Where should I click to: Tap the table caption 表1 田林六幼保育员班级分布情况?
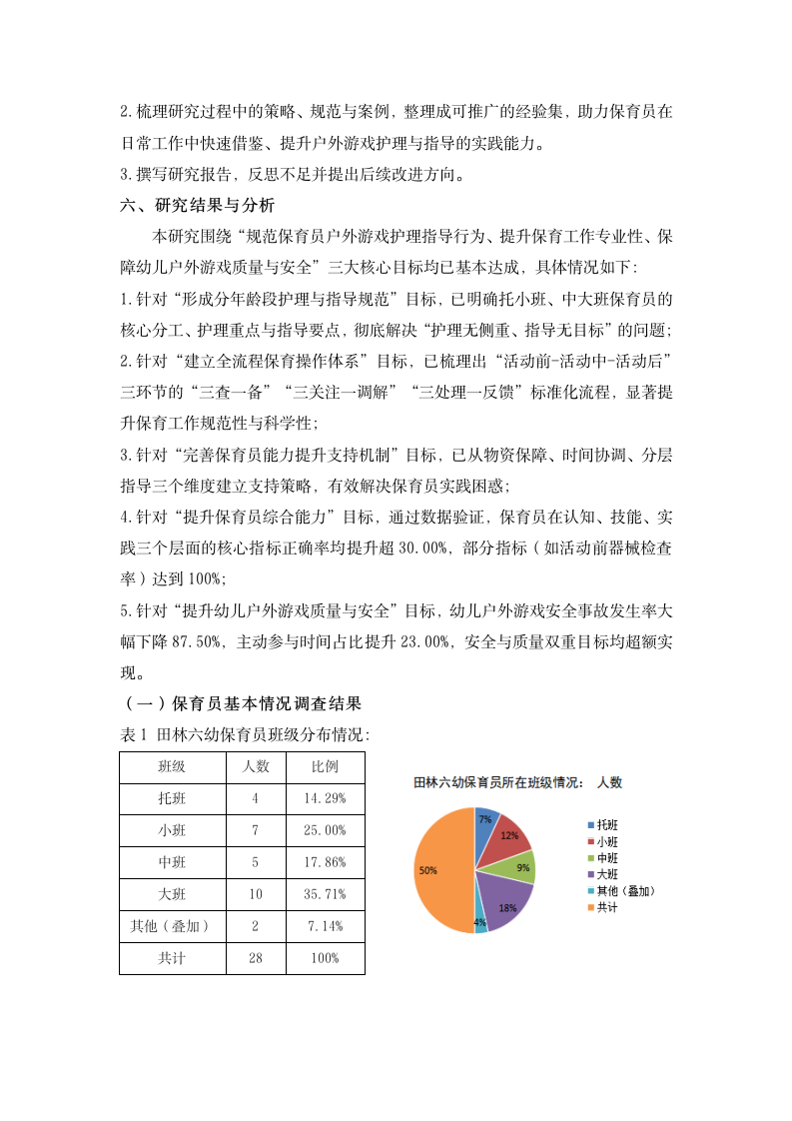[x=245, y=734]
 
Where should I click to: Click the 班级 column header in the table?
[x=172, y=767]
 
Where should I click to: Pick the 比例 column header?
[x=325, y=767]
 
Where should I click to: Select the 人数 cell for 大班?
[x=256, y=894]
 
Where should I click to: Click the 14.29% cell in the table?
[x=325, y=798]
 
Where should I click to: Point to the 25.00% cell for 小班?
[x=325, y=830]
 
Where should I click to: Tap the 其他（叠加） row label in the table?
[x=172, y=926]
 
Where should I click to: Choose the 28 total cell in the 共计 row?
[x=256, y=958]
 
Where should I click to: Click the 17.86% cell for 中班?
[x=325, y=862]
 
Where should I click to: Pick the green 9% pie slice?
[x=521, y=867]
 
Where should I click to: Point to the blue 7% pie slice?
[x=485, y=820]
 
